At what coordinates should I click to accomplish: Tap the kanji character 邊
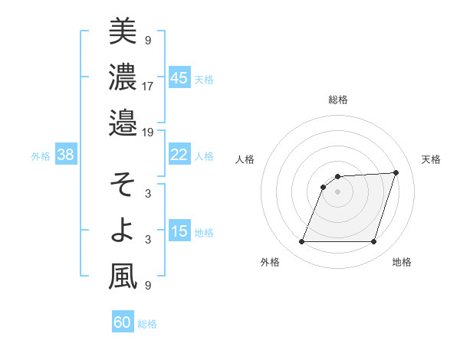(123, 123)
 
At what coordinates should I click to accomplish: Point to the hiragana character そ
(123, 185)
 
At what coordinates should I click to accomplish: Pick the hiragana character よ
(123, 231)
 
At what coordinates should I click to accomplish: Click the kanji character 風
(123, 277)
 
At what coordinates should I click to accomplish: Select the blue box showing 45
(179, 77)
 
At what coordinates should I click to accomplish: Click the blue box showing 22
(179, 155)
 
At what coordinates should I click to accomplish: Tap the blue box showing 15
(179, 231)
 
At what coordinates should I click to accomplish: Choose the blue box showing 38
(66, 155)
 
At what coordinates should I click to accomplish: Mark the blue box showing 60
(123, 322)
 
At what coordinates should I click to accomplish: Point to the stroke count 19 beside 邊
(148, 132)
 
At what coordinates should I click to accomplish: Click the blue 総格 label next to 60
(147, 324)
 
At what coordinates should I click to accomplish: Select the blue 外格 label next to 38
(41, 156)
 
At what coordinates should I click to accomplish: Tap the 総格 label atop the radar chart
(338, 100)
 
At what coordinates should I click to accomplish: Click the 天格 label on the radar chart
(431, 159)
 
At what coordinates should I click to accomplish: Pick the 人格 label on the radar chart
(245, 159)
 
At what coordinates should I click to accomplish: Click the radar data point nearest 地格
(374, 242)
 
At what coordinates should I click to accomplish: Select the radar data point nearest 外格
(302, 242)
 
